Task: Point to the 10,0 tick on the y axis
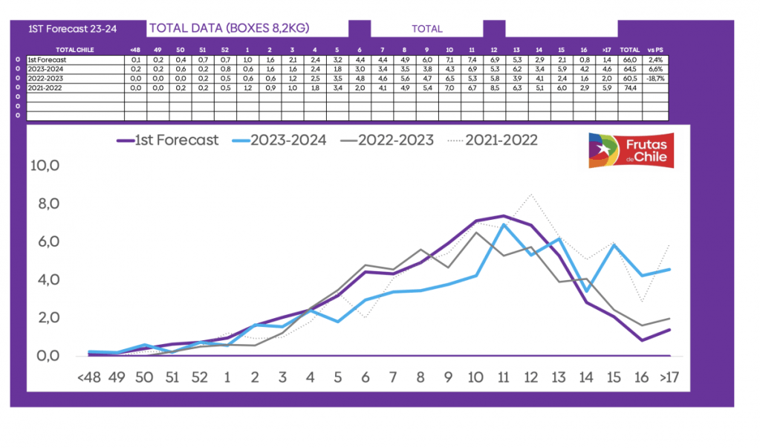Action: pos(44,166)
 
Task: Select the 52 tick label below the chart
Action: pos(199,377)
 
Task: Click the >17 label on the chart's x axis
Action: pos(669,377)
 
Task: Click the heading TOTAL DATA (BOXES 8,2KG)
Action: pos(229,28)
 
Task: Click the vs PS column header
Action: pos(655,50)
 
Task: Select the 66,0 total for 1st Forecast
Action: pos(630,59)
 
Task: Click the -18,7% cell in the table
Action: pos(655,77)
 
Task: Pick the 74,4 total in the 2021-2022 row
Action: pos(630,87)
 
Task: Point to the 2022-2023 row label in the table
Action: pos(46,77)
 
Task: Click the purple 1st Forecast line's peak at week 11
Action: pos(503,215)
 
